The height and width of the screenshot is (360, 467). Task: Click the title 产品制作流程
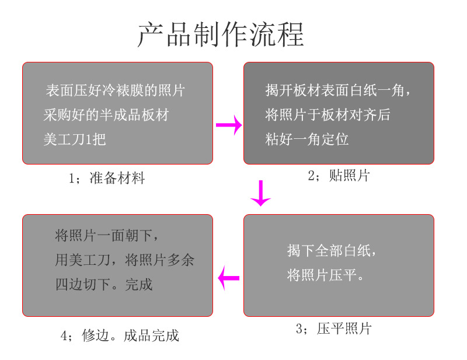pyautogui.click(x=221, y=34)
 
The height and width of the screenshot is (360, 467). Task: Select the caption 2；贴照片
pyautogui.click(x=339, y=176)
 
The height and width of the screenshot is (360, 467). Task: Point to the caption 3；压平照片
pyautogui.click(x=333, y=329)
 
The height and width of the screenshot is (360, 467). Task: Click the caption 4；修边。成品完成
pyautogui.click(x=120, y=335)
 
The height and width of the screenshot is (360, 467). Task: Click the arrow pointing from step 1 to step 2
pyautogui.click(x=229, y=125)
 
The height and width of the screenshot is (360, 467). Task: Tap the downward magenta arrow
pyautogui.click(x=261, y=194)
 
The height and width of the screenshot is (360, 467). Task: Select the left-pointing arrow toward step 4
pyautogui.click(x=229, y=278)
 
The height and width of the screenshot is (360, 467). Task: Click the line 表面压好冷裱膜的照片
pyautogui.click(x=116, y=90)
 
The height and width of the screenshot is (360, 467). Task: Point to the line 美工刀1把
pyautogui.click(x=75, y=139)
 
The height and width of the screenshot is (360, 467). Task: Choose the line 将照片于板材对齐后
pyautogui.click(x=327, y=115)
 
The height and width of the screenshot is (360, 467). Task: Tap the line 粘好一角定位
pyautogui.click(x=306, y=139)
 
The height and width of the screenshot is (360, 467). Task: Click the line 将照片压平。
pyautogui.click(x=326, y=275)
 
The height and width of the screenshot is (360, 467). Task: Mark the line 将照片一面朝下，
pyautogui.click(x=106, y=236)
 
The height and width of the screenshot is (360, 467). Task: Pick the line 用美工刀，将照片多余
pyautogui.click(x=124, y=260)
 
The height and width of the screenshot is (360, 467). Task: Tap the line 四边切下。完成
pyautogui.click(x=104, y=285)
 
